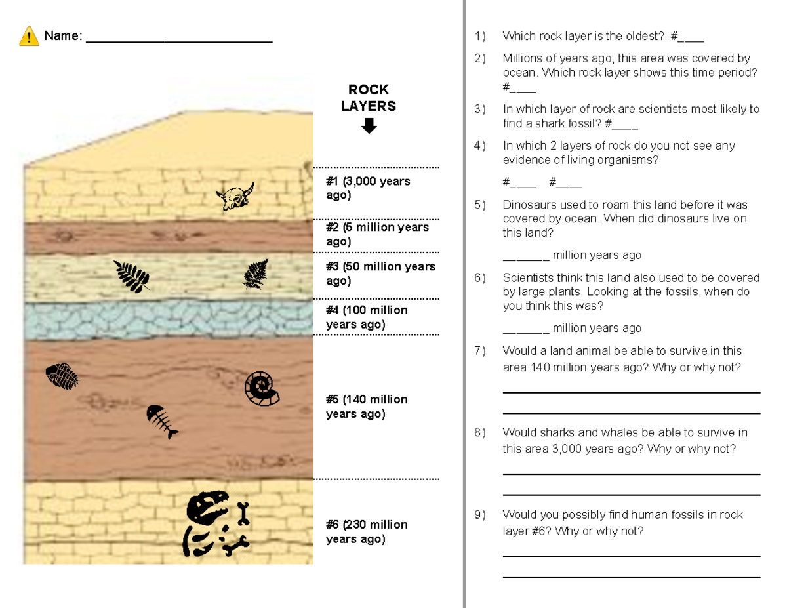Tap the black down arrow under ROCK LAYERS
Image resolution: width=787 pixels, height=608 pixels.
[369, 126]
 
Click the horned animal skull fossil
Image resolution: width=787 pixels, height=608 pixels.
[235, 197]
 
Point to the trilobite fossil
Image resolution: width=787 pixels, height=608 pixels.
[62, 376]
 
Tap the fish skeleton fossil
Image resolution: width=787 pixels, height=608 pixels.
[161, 422]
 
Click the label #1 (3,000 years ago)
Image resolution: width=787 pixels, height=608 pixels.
[368, 188]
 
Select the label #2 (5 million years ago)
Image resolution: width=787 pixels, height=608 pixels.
[377, 234]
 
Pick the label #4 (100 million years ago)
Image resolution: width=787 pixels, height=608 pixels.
[367, 317]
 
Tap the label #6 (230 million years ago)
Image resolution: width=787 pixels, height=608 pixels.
[367, 532]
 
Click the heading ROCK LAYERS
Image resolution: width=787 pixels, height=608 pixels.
[369, 98]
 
